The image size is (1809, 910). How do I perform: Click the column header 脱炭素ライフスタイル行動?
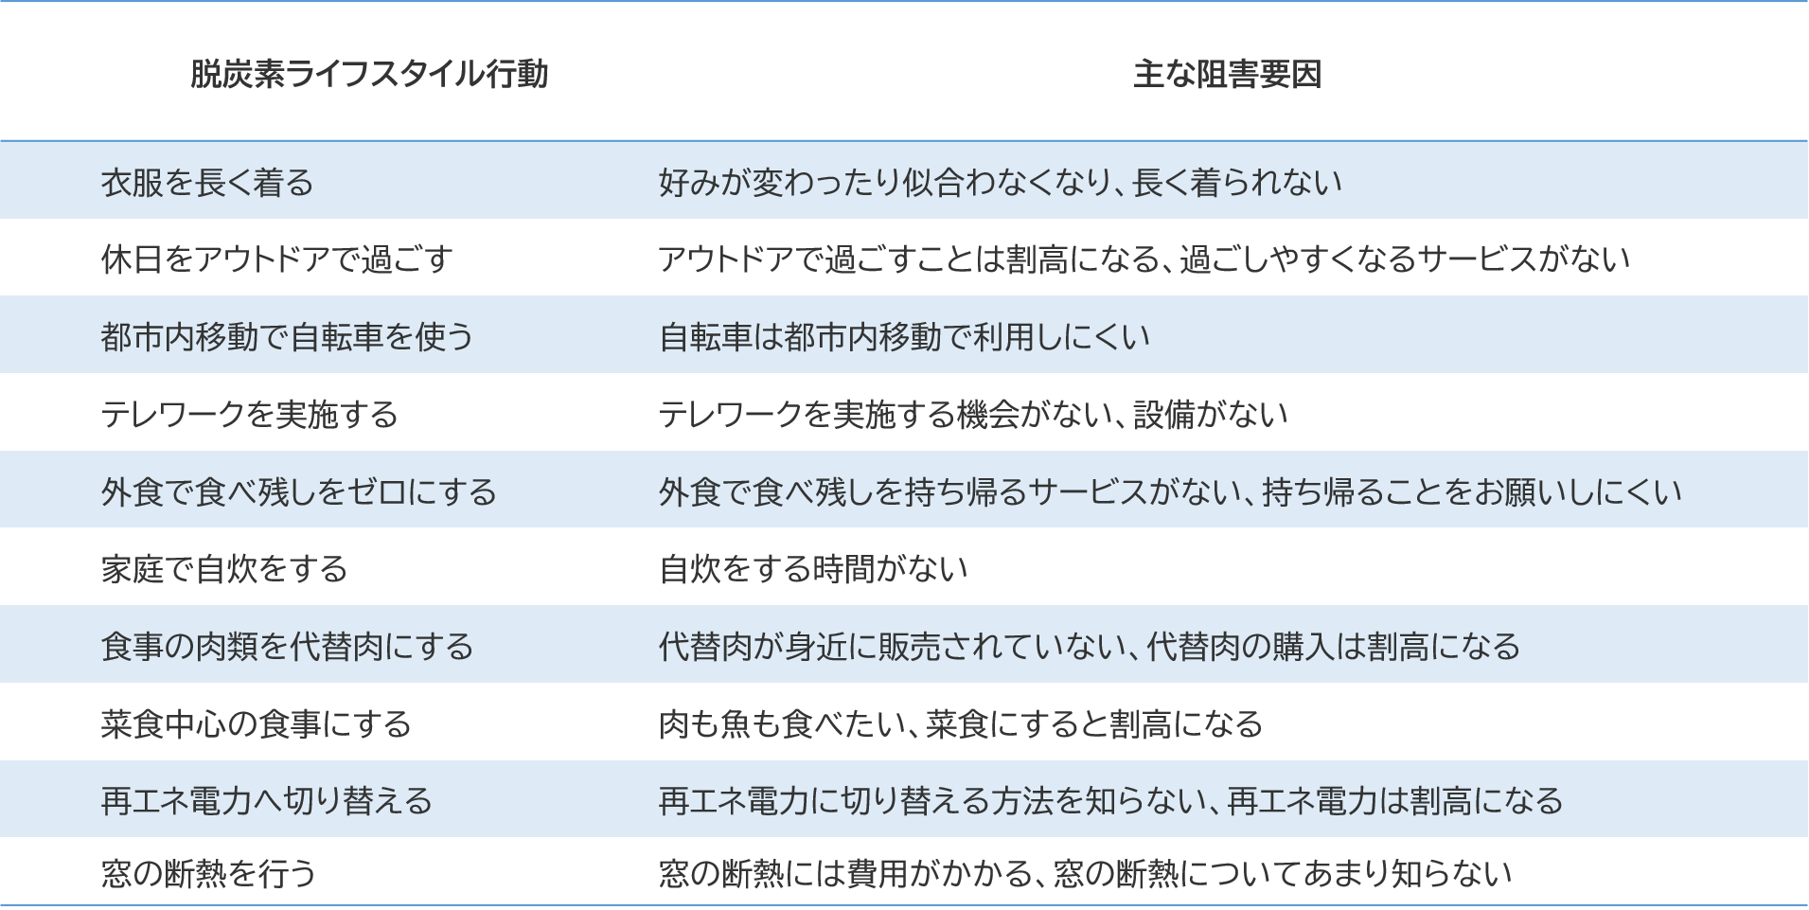pos(369,74)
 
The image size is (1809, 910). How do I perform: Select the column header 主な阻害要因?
pos(1227,74)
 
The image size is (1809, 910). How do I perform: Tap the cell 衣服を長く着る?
pos(206,182)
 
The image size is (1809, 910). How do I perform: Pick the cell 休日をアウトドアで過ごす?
pos(276,259)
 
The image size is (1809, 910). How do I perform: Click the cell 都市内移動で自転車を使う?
pos(286,336)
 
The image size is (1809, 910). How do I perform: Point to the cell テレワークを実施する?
pos(249,414)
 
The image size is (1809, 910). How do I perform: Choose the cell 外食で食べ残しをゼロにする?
pos(298,491)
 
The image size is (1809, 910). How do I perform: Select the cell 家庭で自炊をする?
pos(223,568)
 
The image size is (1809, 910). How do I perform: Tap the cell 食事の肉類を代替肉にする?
pos(286,646)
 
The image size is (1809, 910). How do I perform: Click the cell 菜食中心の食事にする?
pos(256,723)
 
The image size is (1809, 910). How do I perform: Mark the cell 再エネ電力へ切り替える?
pos(266,801)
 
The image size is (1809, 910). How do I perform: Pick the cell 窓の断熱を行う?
pos(207,872)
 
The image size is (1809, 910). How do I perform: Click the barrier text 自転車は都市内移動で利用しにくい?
pos(904,336)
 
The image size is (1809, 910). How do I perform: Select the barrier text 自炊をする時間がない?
pos(812,568)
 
